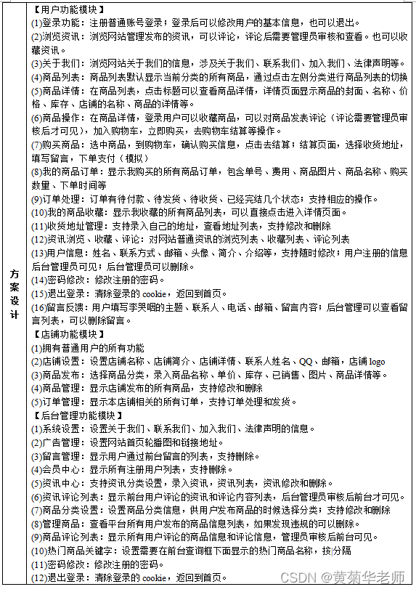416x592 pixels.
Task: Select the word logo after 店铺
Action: click(377, 362)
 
